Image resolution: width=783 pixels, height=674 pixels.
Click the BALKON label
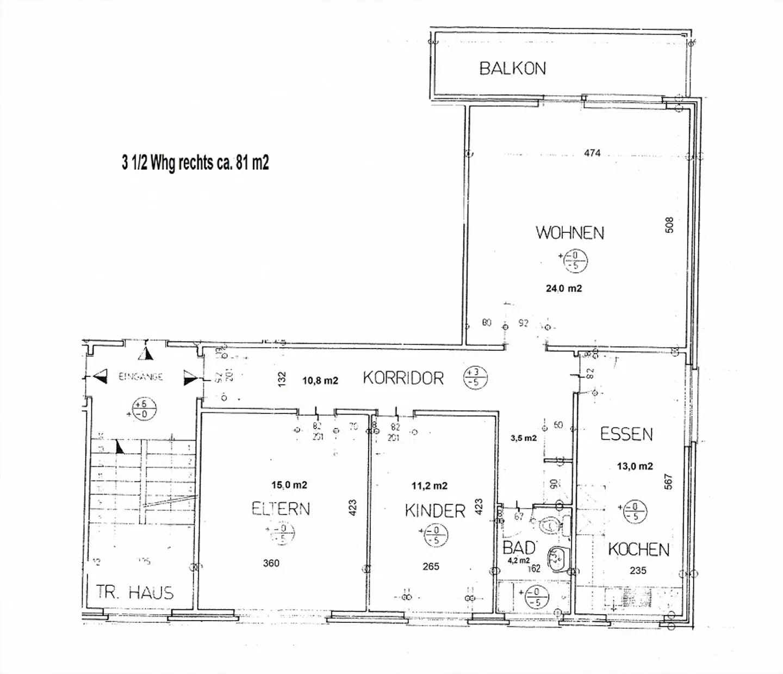[512, 69]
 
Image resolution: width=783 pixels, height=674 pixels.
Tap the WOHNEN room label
[570, 233]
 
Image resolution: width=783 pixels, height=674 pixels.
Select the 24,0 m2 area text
[564, 288]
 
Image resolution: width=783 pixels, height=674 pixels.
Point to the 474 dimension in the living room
[592, 153]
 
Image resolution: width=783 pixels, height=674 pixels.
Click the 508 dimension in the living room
[669, 225]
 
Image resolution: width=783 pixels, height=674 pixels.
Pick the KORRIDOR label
[403, 378]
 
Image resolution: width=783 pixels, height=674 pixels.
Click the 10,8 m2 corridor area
[320, 381]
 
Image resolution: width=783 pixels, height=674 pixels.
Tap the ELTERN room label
[281, 509]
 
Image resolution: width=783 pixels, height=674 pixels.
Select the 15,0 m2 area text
[289, 485]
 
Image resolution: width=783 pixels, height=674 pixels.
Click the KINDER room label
[435, 511]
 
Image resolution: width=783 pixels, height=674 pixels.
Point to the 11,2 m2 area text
[430, 486]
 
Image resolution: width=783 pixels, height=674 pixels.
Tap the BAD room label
[519, 547]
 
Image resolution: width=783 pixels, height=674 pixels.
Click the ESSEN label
[626, 434]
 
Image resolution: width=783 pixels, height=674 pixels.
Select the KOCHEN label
[638, 549]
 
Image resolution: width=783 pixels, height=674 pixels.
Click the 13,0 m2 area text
[635, 466]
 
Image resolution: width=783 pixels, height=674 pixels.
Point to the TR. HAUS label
[135, 592]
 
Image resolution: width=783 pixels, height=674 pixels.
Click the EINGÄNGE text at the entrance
[141, 376]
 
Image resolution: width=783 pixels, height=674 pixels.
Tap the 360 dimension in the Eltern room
[271, 563]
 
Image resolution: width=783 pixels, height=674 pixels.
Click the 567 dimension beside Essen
[668, 481]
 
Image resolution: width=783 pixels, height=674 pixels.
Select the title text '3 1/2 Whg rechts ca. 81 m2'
[195, 162]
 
